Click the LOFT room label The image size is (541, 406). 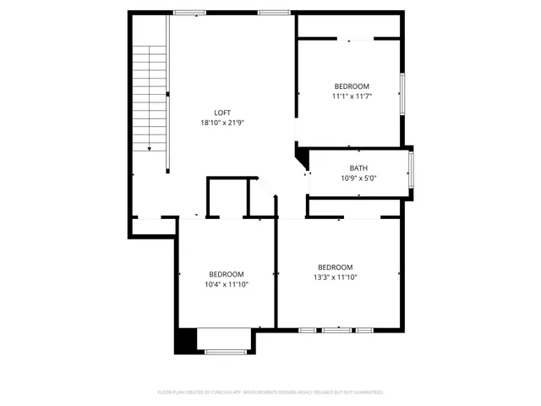(222, 112)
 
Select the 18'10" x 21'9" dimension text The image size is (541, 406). (222, 123)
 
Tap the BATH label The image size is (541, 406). (358, 167)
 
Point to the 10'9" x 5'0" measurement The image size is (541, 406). (358, 178)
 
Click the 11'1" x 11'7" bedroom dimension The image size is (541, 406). (352, 96)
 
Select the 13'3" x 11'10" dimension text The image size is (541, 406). (335, 277)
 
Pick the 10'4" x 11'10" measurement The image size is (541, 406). (227, 284)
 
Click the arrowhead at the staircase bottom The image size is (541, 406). (150, 148)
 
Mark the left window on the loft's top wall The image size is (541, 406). (189, 13)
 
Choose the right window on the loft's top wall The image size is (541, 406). (274, 13)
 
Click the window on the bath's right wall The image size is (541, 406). (411, 170)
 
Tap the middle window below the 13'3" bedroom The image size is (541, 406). (336, 329)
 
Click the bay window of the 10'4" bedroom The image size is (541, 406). (226, 351)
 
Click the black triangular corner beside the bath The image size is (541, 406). (300, 156)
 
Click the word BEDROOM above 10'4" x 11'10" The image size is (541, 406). (227, 274)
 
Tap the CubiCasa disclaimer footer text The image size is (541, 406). (270, 392)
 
